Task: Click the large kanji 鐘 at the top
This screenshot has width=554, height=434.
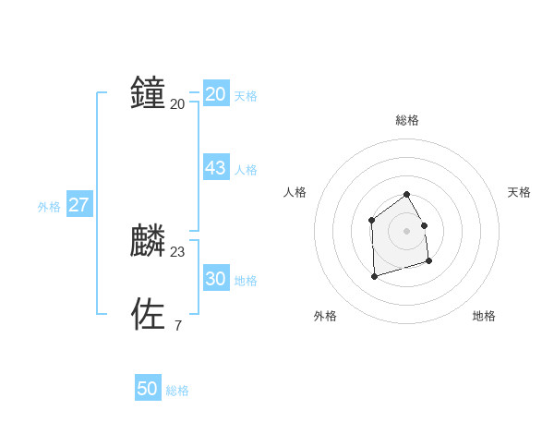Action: [x=148, y=93]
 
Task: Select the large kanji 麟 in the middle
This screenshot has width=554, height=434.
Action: [x=148, y=241]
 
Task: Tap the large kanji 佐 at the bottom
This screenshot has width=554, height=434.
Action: [x=148, y=314]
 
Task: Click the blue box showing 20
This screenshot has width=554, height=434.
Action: [x=216, y=94]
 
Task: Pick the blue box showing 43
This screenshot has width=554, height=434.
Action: [x=216, y=168]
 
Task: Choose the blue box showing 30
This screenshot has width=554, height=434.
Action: [x=216, y=279]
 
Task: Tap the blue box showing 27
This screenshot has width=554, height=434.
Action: [x=79, y=205]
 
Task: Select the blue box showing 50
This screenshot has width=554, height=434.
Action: [x=148, y=389]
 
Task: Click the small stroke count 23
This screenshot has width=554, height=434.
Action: [x=177, y=252]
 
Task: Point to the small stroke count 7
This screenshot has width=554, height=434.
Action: [x=177, y=325]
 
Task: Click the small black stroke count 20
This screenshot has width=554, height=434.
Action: [x=177, y=104]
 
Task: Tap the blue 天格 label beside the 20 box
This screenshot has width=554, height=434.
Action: [x=246, y=96]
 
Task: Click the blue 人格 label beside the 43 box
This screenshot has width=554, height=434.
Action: [x=246, y=170]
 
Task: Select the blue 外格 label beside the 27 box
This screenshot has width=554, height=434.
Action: [x=49, y=207]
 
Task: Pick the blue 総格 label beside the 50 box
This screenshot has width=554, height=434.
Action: [x=177, y=391]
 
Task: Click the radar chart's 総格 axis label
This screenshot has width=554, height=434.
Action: [x=407, y=120]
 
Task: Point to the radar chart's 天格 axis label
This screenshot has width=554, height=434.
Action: [x=519, y=192]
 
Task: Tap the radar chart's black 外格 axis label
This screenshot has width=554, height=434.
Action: [x=325, y=316]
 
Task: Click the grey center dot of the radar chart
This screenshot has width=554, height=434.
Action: [x=406, y=230]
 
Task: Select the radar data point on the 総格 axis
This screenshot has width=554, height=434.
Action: [x=406, y=195]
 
